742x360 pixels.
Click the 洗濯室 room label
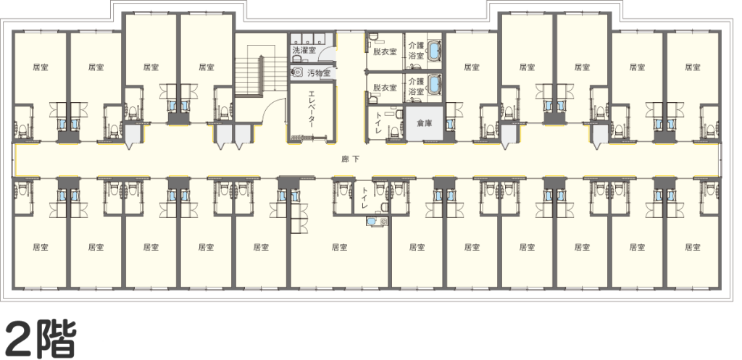(304, 50)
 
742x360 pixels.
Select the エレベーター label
(312, 110)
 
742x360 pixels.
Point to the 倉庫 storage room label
(425, 123)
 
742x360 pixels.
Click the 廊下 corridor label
(351, 159)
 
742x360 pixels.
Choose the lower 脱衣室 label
(385, 88)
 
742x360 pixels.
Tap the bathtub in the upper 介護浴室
(435, 51)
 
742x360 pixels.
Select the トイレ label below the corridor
(365, 198)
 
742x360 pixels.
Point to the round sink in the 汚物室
(298, 72)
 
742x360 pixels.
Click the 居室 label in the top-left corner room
(41, 67)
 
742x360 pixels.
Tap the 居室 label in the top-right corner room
(692, 67)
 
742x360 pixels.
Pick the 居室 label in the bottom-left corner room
(41, 247)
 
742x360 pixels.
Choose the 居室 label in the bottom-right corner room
(692, 247)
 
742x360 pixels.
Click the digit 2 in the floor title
(20, 339)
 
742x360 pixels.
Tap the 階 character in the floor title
(56, 339)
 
